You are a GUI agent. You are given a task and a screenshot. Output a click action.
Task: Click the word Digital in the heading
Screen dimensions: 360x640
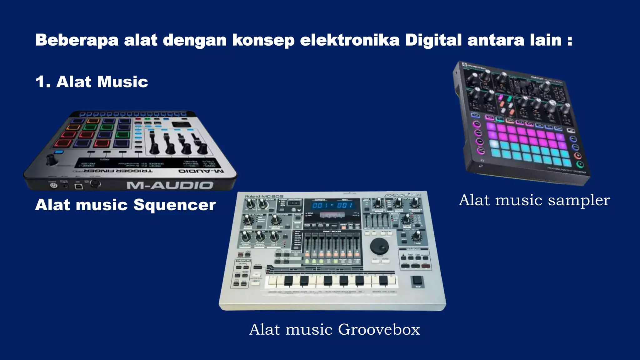click(x=433, y=40)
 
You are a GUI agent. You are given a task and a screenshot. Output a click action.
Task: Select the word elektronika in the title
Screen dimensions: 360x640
click(x=350, y=40)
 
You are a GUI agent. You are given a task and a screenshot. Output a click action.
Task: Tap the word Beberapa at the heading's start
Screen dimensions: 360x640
click(x=77, y=40)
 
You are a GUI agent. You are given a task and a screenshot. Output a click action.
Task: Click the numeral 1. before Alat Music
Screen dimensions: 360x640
click(x=43, y=82)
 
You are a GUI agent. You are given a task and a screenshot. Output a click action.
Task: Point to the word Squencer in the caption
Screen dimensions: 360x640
click(x=175, y=205)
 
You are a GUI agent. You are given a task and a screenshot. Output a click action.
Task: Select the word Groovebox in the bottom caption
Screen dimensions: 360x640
click(x=379, y=329)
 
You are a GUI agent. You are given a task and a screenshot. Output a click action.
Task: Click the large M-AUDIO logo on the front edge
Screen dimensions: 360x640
click(x=170, y=186)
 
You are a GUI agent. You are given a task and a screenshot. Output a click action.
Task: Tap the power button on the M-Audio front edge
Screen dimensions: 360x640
click(x=54, y=186)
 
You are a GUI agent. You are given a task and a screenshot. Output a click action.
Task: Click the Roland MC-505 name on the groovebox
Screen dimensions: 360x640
click(x=264, y=197)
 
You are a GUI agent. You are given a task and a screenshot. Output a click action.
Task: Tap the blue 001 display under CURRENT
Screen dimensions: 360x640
click(x=319, y=205)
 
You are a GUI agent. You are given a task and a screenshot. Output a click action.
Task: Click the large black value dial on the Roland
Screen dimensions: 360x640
click(x=379, y=246)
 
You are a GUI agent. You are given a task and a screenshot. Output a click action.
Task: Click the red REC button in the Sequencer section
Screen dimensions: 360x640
click(x=426, y=266)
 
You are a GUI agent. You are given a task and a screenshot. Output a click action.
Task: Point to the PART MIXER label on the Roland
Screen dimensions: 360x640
click(x=332, y=232)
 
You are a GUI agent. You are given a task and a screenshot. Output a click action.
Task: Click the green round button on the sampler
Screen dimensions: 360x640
click(x=580, y=164)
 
